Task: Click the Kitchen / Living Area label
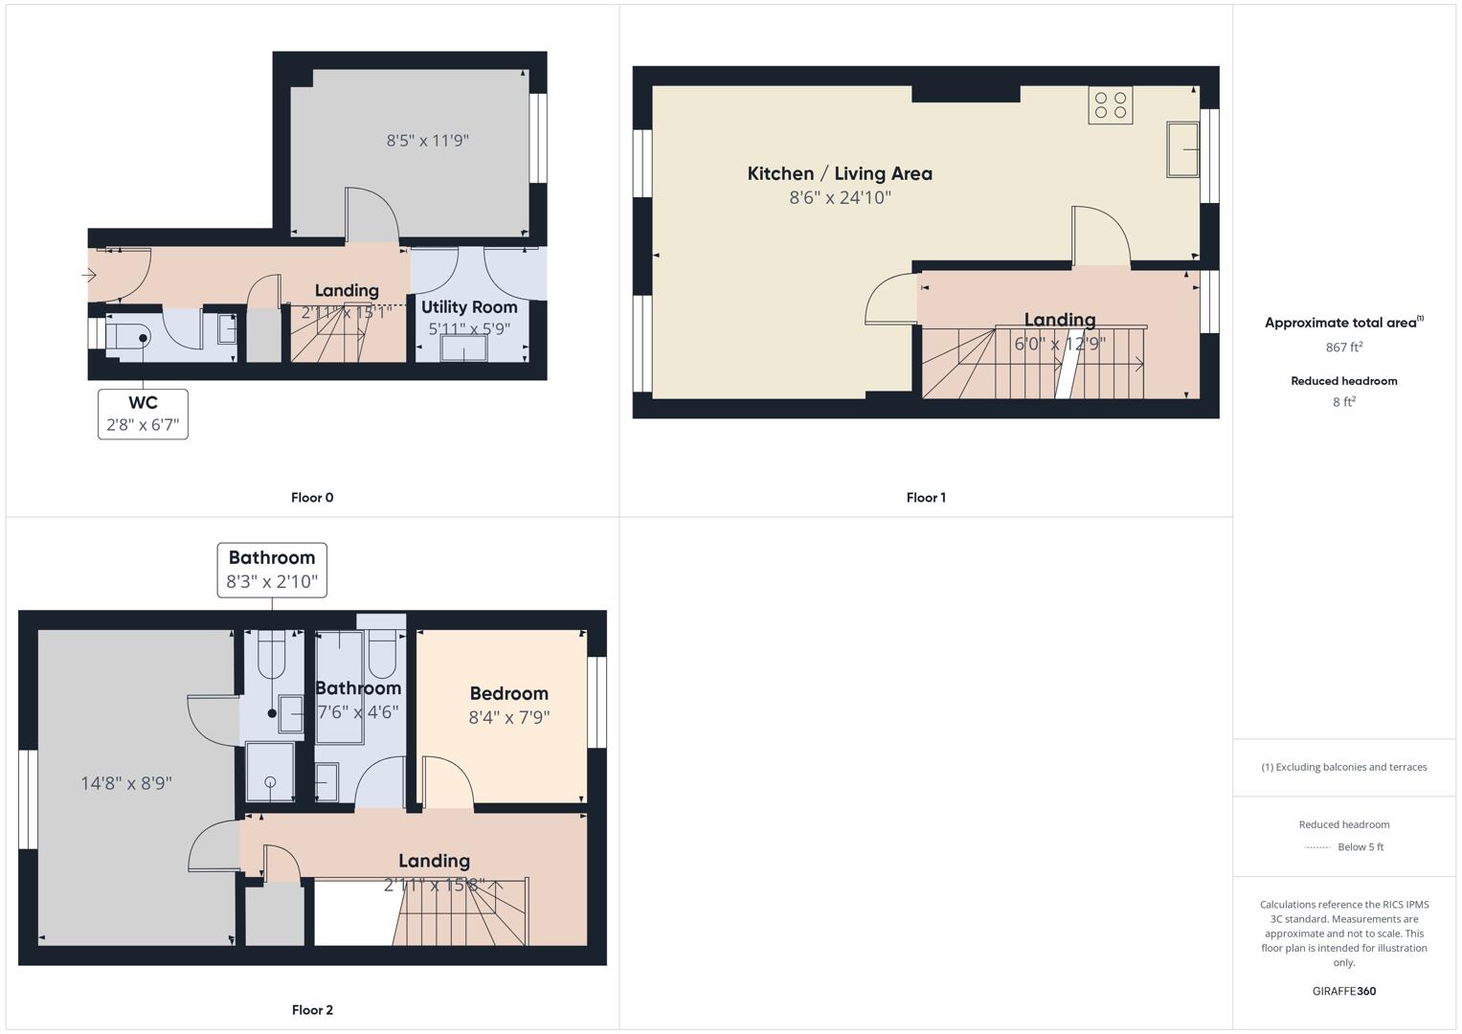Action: coord(840,174)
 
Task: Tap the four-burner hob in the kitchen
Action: coord(1110,105)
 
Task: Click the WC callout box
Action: coord(143,414)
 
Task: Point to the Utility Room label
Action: coord(469,307)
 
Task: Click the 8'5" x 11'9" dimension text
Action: coord(427,141)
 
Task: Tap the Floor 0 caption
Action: coord(312,498)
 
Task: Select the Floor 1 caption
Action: coord(926,498)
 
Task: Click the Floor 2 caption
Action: coord(312,1010)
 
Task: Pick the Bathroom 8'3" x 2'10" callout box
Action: coord(272,570)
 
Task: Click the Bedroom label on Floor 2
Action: coord(508,694)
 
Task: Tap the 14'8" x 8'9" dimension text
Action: coord(126,783)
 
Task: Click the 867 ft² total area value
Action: coord(1343,348)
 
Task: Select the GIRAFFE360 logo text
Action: coord(1343,991)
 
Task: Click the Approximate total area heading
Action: coord(1343,323)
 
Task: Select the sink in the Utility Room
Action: coord(462,349)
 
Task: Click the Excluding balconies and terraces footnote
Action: coord(1343,767)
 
